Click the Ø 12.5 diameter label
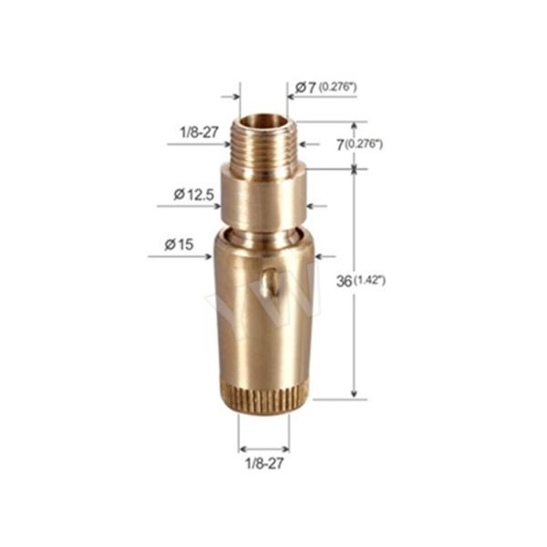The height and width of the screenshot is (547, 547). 191,193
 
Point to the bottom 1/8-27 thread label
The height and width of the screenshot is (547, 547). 263,466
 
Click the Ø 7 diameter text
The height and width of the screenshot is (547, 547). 304,87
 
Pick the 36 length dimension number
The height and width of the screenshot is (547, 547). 344,281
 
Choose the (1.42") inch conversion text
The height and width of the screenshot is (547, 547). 370,281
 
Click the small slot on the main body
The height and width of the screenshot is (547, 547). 265,284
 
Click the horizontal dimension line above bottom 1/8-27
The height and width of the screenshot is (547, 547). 263,448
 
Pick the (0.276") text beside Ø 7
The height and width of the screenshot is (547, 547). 337,87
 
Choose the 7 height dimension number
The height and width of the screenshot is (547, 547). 338,144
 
